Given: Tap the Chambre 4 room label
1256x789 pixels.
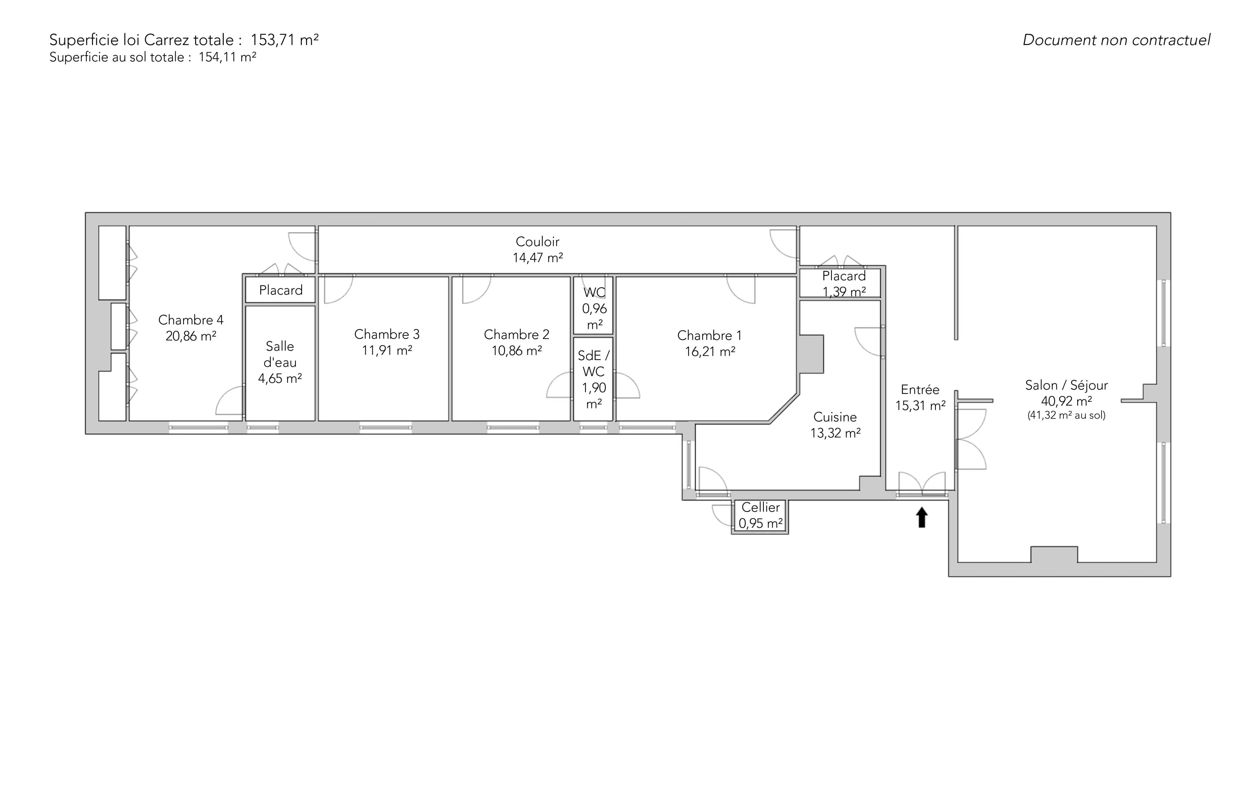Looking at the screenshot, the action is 191,320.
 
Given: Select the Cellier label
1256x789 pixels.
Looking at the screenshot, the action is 760,507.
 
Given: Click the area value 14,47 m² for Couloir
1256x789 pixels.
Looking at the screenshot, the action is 538,258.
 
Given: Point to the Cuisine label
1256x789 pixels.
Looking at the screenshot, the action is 835,417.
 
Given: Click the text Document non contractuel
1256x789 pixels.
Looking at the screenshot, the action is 1116,40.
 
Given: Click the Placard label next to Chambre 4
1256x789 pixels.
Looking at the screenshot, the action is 281,290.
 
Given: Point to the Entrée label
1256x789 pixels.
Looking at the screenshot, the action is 920,389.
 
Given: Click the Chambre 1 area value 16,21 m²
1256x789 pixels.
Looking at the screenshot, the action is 710,352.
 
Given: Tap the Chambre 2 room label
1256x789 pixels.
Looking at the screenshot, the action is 516,334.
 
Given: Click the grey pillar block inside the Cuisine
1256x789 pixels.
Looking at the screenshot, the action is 812,354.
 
